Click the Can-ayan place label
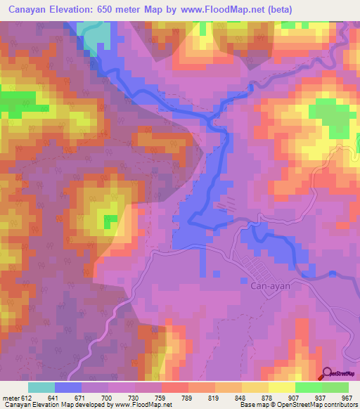[271, 286]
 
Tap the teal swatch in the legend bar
[41, 387]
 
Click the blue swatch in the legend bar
[68, 387]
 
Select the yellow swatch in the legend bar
[281, 387]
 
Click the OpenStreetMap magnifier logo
[327, 375]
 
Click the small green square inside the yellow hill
[109, 221]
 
